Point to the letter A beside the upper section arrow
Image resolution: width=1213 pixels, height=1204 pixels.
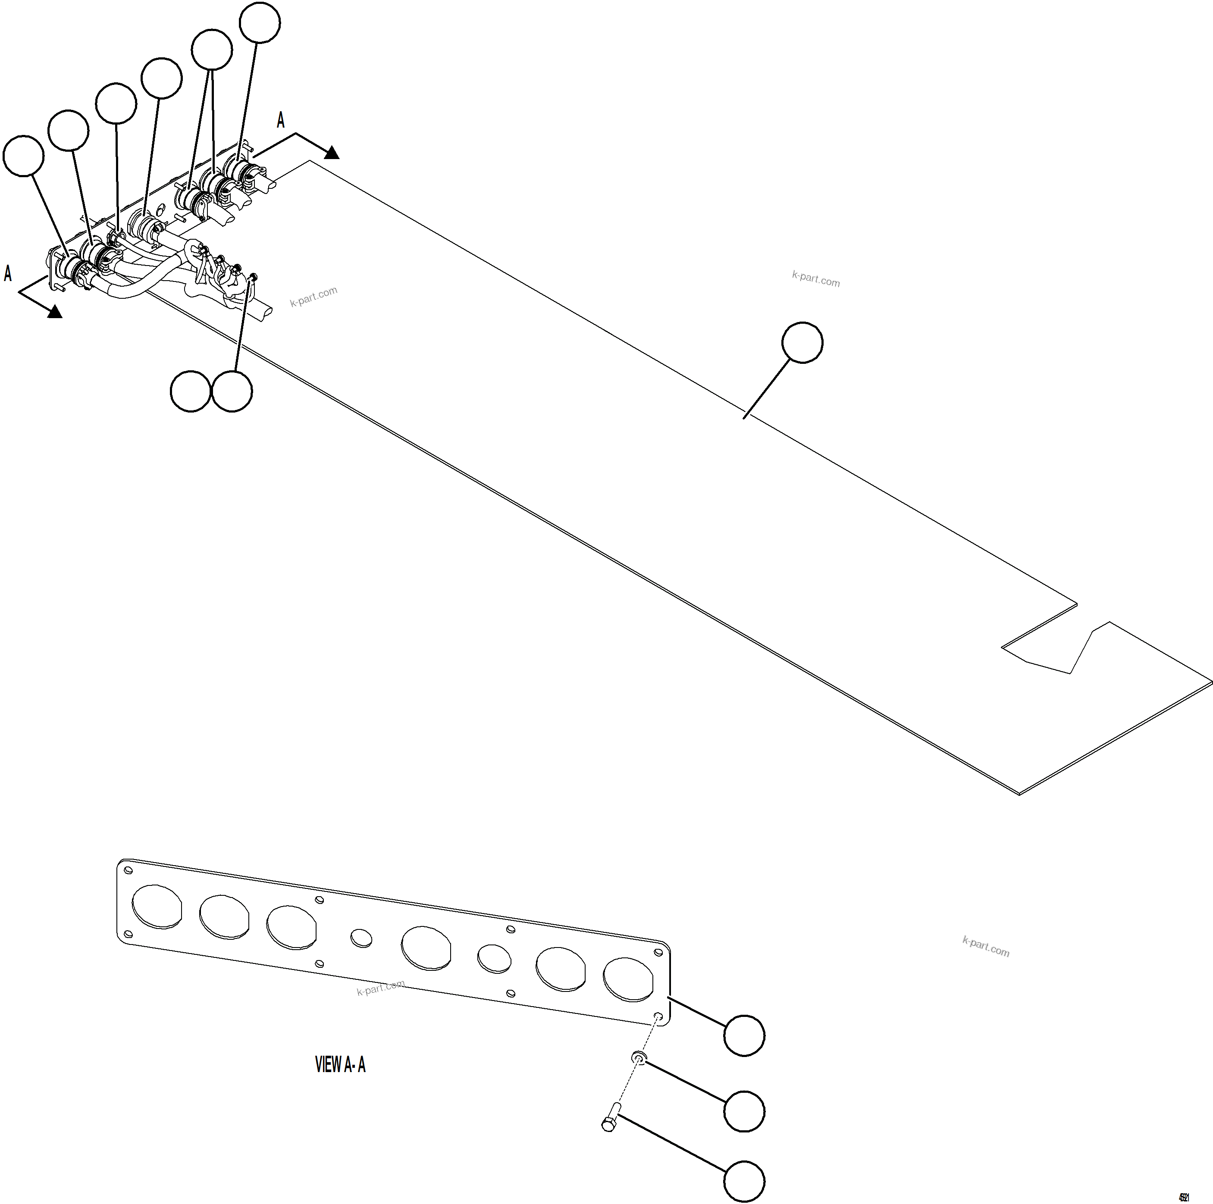point(281,120)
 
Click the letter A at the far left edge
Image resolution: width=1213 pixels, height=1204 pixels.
point(7,274)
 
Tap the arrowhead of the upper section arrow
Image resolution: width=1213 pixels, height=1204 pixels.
point(332,153)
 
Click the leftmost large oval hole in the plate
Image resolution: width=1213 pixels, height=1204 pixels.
point(157,906)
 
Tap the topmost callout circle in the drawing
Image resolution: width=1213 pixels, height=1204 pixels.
point(260,22)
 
